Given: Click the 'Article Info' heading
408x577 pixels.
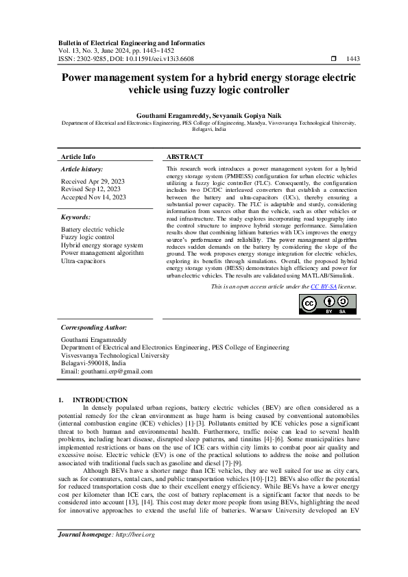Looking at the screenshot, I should (x=78, y=157).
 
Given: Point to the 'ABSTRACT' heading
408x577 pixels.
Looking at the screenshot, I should (x=184, y=157).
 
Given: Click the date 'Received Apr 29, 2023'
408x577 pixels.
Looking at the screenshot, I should (x=93, y=182).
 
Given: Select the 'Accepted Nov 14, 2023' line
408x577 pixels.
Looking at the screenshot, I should (x=93, y=197).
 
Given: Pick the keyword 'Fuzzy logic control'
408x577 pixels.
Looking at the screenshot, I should (x=89, y=237).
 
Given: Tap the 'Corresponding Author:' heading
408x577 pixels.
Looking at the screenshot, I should (x=94, y=328).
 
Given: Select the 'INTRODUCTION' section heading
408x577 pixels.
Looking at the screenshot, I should (x=100, y=400).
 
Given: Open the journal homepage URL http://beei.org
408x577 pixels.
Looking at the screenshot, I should (x=137, y=554).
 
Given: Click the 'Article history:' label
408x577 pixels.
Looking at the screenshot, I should (x=82, y=169).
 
